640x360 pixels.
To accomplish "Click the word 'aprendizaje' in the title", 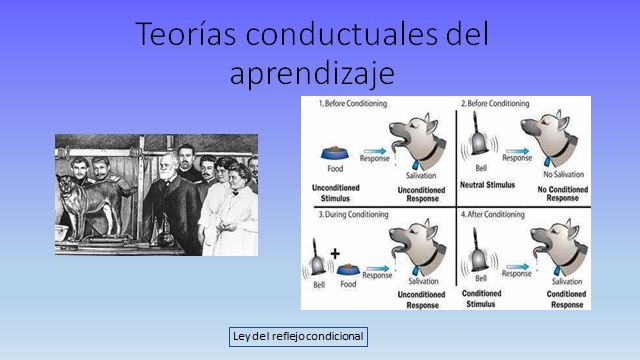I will [x=311, y=73].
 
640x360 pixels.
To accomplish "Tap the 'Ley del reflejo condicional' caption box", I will [x=297, y=336].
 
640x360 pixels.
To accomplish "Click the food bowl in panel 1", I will [x=333, y=152].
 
